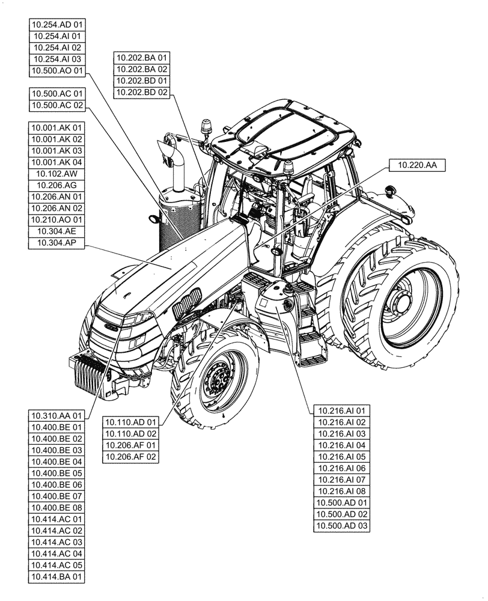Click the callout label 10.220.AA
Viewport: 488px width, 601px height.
[x=417, y=165]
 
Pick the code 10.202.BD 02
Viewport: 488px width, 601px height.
[x=142, y=92]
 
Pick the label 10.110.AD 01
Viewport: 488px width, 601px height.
[x=130, y=422]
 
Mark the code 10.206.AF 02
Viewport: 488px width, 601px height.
[x=130, y=456]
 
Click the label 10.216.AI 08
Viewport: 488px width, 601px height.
[x=342, y=491]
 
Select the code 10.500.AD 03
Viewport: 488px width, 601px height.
[x=342, y=526]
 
